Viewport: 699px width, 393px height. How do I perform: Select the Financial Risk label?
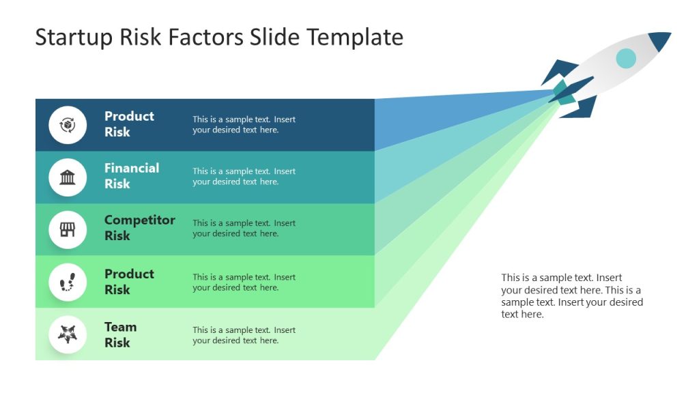coord(132,176)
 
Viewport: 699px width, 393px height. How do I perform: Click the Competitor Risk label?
coord(139,228)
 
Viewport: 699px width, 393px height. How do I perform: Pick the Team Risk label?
coord(120,335)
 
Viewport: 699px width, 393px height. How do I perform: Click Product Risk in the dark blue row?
coord(129,124)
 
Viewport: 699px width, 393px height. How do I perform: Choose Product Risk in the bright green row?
coord(129,282)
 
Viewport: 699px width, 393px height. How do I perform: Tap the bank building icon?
coord(68,177)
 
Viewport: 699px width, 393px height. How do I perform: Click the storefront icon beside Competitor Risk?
coord(68,230)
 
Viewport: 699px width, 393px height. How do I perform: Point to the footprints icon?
coord(68,282)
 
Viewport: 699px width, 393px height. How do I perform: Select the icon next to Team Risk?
coord(68,334)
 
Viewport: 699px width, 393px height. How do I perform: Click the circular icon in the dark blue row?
coord(68,125)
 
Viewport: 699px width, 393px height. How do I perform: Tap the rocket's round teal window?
coord(625,59)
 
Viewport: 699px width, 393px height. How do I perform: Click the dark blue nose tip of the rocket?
coord(660,40)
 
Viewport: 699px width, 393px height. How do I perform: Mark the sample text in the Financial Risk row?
coord(244,177)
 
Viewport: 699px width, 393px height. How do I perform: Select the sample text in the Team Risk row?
coord(244,336)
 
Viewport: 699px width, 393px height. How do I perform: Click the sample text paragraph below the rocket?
coord(571,296)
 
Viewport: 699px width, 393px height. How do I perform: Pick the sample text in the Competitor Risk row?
coord(244,229)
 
